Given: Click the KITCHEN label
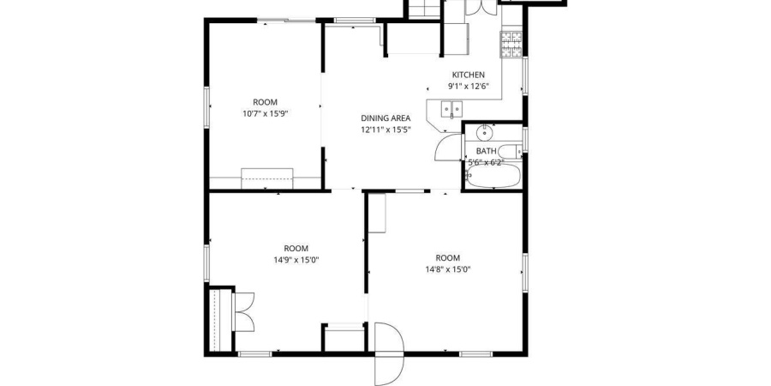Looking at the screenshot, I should click(x=468, y=75).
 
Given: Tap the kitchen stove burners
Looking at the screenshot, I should click(x=511, y=45).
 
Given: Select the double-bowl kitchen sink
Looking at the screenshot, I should click(x=451, y=109).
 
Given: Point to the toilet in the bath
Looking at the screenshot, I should click(x=509, y=153).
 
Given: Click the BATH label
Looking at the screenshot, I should click(x=486, y=151).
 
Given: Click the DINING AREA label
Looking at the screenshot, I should click(x=385, y=118).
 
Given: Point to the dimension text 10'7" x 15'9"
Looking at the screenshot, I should click(x=265, y=112).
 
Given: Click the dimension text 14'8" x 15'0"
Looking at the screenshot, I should click(x=447, y=269).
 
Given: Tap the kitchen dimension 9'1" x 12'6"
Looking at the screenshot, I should click(x=468, y=86).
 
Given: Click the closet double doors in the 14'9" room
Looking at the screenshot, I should click(x=243, y=311).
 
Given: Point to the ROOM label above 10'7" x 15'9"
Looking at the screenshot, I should click(x=265, y=101).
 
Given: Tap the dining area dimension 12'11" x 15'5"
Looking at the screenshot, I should click(x=385, y=130).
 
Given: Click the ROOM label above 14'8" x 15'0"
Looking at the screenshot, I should click(x=447, y=258).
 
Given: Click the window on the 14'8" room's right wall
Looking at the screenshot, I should click(x=524, y=268).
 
